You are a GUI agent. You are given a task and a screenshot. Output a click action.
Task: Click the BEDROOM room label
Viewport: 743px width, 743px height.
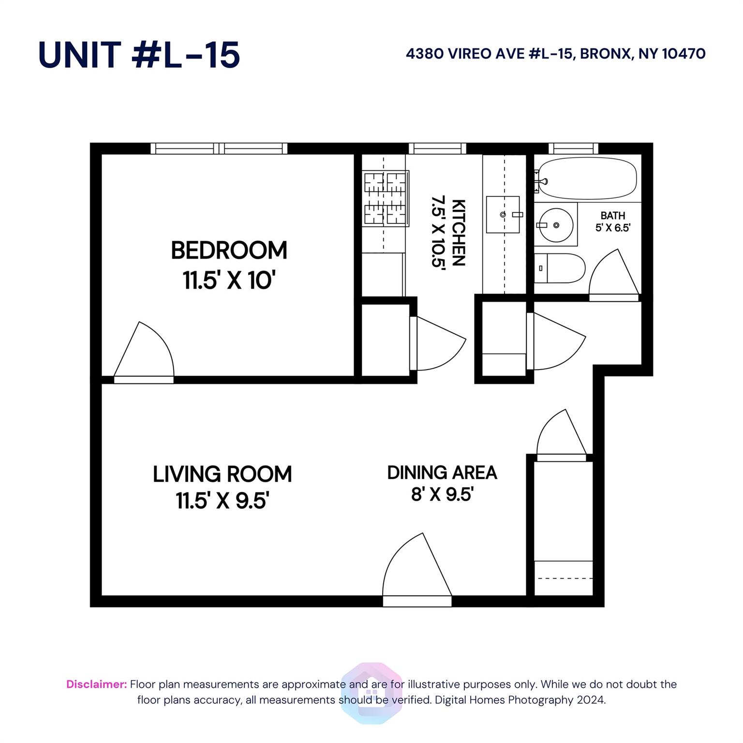coord(229,250)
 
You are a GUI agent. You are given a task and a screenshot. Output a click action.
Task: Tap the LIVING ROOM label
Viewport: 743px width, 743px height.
coord(223,474)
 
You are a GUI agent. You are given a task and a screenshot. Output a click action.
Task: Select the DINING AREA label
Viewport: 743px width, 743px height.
coord(442,473)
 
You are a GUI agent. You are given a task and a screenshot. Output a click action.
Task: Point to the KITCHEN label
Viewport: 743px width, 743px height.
coord(458,233)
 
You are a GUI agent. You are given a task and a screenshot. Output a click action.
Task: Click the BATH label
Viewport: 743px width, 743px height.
coord(613,216)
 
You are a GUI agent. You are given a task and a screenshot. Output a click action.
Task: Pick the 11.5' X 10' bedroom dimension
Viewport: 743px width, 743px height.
coord(229,280)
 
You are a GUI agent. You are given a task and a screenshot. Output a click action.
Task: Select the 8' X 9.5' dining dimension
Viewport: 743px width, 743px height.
coord(442,494)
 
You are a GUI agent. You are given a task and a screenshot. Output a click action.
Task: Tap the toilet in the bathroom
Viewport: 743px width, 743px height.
coord(560,268)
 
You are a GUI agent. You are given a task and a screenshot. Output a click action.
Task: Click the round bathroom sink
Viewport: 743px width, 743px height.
coord(556,225)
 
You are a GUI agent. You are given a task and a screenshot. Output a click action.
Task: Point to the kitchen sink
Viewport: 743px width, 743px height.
coord(503,214)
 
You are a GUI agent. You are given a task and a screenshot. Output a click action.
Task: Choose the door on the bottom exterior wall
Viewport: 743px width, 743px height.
coord(417,570)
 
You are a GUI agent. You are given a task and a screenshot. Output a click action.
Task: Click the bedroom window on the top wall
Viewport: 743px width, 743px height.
coord(219,149)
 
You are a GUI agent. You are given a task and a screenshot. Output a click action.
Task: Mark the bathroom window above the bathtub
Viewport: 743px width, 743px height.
coord(573,149)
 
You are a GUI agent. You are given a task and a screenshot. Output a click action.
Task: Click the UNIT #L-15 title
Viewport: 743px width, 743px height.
coord(139,54)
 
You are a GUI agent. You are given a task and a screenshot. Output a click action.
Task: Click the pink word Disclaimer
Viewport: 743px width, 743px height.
coord(97,684)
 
